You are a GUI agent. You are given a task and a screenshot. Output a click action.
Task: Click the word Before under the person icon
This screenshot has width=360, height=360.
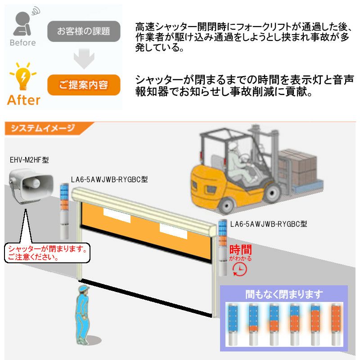click(x=22, y=43)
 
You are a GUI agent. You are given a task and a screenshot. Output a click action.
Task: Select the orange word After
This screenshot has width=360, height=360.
click(x=23, y=100)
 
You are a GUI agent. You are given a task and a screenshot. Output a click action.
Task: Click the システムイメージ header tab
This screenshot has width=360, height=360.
click(x=43, y=128)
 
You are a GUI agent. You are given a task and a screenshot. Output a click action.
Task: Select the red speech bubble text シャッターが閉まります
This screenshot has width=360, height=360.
click(x=47, y=249)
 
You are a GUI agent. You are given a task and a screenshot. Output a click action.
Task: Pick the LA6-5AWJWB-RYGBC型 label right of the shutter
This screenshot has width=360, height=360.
click(x=268, y=223)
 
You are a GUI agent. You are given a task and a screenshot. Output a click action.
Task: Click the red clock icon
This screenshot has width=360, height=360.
click(x=239, y=269)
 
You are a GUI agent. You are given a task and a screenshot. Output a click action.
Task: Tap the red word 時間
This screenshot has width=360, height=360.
click(x=240, y=250)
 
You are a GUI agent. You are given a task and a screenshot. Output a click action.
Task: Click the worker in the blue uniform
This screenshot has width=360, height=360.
click(x=82, y=315)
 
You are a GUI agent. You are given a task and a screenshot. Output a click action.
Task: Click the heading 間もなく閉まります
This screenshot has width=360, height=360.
click(x=284, y=295)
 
